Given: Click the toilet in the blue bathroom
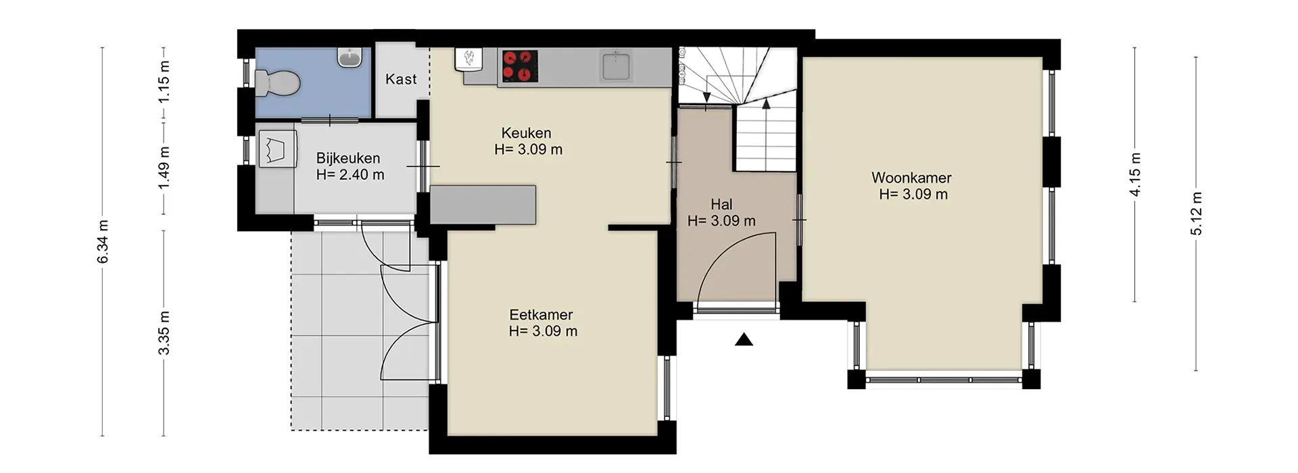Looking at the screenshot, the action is coord(278,84).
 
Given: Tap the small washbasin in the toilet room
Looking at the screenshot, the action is coord(350,58).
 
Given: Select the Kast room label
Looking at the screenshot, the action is coord(401,79).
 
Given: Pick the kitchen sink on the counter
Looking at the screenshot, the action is coord(615,66).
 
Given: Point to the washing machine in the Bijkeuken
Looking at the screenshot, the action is coord(277,149).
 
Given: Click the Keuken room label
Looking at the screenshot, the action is coord(526,133).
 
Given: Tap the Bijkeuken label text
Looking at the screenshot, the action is coord(348,158).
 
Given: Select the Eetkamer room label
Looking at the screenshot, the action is coord(541,314).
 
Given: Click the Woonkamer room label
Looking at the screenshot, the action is coord(911,178).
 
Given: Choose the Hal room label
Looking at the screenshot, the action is coord(721,204).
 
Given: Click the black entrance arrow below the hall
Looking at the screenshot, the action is coord(744,339).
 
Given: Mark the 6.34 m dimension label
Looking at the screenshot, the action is coord(103,242).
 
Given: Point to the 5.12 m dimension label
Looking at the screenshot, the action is coord(1196,214).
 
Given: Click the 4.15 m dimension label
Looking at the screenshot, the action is coord(1135,175).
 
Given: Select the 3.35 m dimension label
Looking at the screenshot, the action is coord(164,333).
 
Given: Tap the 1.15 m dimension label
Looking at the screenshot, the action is coord(164,82).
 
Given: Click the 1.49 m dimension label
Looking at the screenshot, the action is coord(164,168).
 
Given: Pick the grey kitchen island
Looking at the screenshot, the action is coord(483,205).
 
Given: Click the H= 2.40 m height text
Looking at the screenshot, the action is coord(350,174).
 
